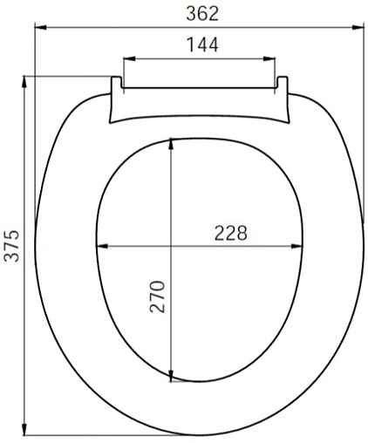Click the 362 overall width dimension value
(202, 12)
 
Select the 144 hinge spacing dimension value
(201, 44)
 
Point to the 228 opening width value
(230, 233)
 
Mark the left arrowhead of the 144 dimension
(126, 58)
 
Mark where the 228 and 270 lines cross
(173, 247)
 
